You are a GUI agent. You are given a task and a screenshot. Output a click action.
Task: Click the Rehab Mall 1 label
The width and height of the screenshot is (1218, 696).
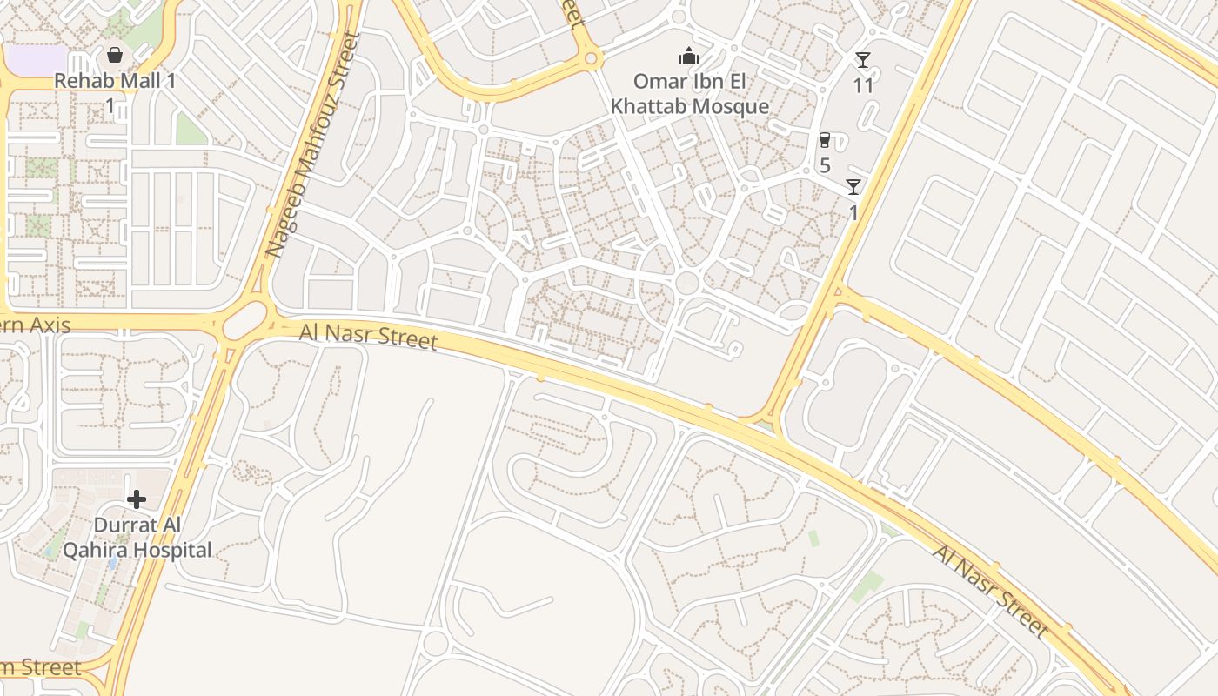115,81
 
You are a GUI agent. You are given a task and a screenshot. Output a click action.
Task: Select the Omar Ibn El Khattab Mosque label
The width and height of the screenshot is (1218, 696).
689,94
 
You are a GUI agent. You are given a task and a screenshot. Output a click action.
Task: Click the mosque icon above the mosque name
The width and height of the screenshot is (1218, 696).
689,57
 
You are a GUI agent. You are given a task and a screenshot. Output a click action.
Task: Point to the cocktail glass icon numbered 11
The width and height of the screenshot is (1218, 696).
862,60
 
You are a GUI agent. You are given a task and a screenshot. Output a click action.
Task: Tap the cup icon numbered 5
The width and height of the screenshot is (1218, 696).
825,140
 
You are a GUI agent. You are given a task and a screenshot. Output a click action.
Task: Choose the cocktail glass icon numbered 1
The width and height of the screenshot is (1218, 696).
853,187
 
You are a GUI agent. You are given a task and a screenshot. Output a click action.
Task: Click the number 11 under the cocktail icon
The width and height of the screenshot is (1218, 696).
862,85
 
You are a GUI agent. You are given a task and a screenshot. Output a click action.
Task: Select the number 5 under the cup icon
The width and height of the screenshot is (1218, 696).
825,165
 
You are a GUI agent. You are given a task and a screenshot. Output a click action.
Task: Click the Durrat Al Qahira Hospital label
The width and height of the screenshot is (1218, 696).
137,538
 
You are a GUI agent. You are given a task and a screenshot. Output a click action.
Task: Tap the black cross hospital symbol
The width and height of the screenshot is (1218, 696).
137,499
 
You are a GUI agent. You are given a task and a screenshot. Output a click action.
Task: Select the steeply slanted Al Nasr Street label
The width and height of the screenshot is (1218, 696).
989,591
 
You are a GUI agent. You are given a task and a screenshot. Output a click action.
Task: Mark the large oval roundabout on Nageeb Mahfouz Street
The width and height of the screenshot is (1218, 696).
244,323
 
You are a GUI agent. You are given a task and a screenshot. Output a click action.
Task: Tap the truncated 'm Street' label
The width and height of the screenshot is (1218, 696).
41,668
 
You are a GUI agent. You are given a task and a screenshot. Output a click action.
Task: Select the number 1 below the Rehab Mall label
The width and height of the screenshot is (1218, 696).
110,105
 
